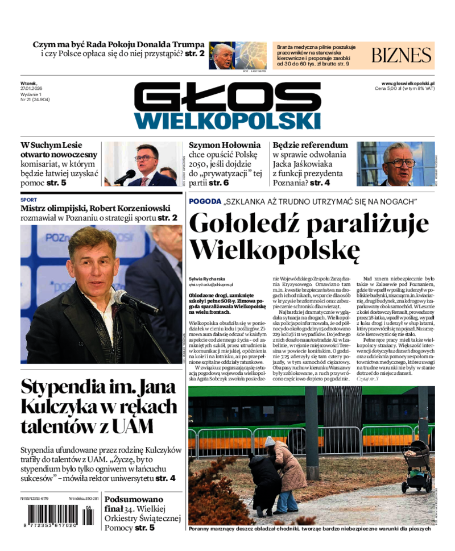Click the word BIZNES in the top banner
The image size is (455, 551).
[402, 55]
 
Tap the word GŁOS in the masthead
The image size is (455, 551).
[227, 97]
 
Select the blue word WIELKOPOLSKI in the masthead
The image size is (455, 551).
[227, 120]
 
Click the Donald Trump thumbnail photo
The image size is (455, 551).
[238, 56]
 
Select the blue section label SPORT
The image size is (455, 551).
[28, 200]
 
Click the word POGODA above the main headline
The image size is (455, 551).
[205, 201]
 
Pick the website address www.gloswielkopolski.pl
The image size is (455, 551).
[408, 83]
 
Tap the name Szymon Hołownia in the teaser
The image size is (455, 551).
[225, 145]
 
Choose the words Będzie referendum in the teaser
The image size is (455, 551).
[310, 145]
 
